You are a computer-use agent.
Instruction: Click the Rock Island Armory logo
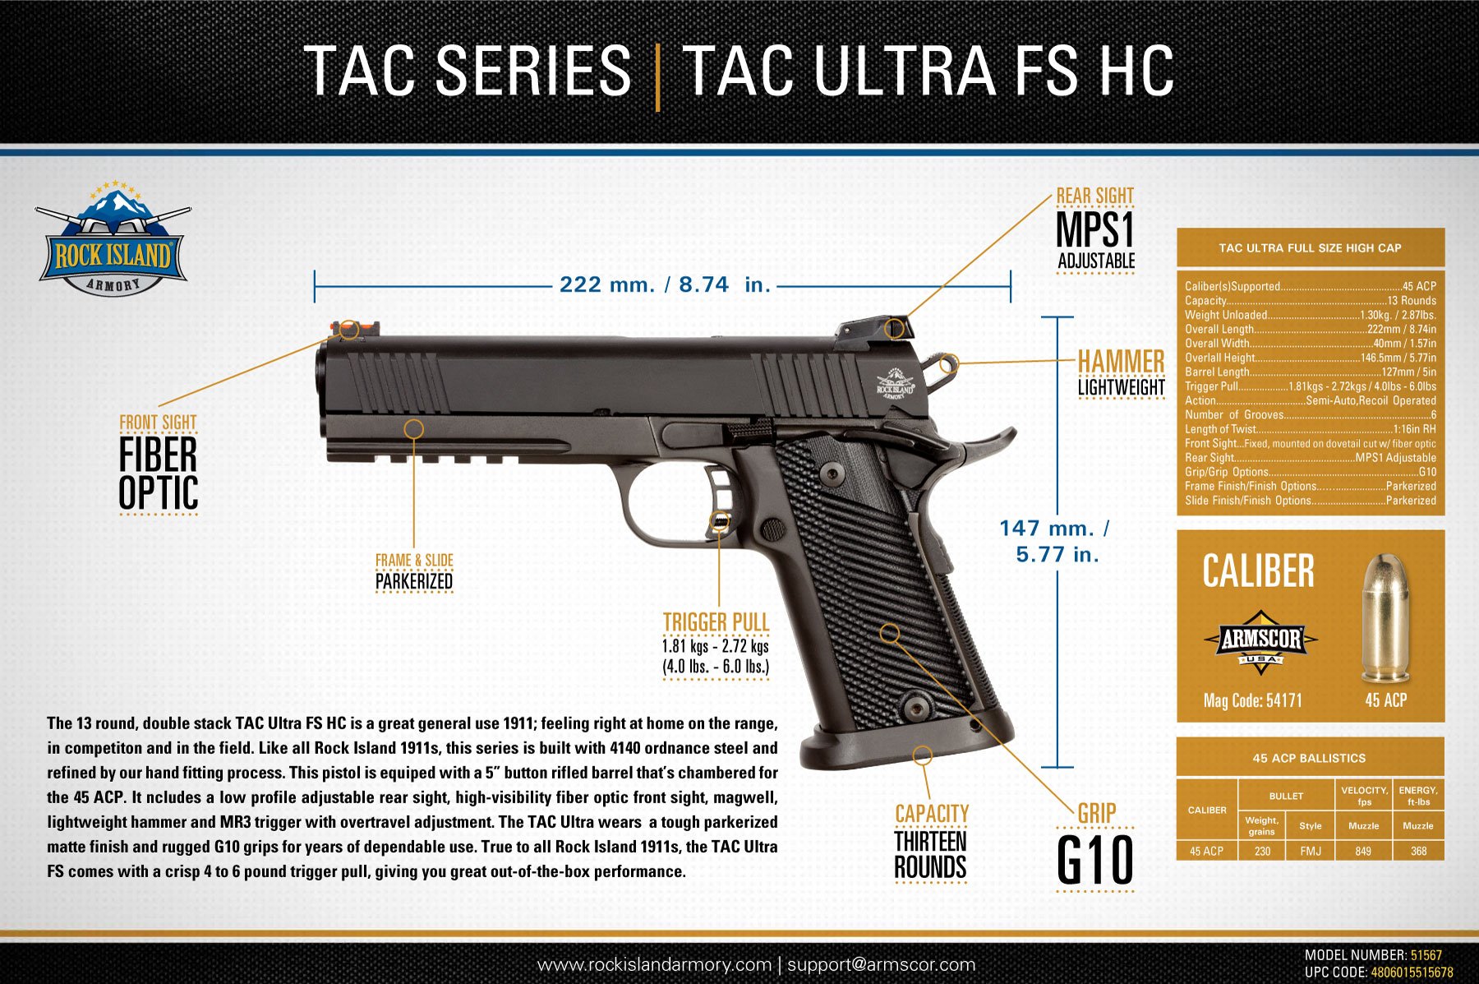pos(113,238)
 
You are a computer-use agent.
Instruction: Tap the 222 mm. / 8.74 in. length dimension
pos(665,285)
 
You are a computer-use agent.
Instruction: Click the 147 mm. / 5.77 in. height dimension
pos(1056,541)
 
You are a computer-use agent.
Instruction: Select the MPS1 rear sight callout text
pos(1095,229)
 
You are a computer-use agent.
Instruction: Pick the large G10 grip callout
pos(1095,860)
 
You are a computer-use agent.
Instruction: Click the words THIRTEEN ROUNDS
pos(930,855)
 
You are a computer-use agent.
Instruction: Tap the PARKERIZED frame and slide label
pos(414,581)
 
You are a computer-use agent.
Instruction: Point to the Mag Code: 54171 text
pos(1252,700)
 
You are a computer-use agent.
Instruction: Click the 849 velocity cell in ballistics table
pos(1363,851)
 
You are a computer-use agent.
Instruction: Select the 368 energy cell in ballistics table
pos(1418,851)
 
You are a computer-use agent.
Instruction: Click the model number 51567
pos(1426,955)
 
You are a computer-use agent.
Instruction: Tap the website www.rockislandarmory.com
pos(654,964)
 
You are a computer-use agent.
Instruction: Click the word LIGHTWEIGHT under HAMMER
pos(1122,387)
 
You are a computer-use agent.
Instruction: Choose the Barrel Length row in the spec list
pos(1311,372)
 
